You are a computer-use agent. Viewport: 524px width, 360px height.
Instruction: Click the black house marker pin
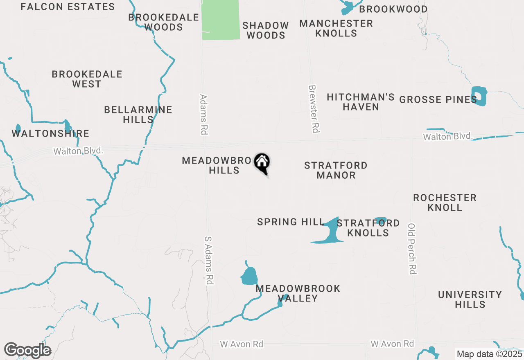pos(262,162)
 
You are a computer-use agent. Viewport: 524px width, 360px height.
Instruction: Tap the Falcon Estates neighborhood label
pos(68,7)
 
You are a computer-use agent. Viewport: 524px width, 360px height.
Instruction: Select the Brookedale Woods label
pos(164,22)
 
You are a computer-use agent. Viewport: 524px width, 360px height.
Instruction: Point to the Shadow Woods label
pos(266,30)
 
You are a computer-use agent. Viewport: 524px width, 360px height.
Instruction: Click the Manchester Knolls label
pos(336,28)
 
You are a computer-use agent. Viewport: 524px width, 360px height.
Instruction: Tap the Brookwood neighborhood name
pos(393,9)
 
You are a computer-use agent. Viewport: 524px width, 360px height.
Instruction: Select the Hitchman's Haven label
pos(361,102)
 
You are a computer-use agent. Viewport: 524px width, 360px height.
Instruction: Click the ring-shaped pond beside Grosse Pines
pos(479,96)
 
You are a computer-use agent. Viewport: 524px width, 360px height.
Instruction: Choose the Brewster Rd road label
pos(314,109)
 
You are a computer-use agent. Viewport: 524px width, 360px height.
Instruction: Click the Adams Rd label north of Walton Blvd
pos(204,115)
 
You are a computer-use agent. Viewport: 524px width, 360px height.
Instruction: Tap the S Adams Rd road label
pos(209,260)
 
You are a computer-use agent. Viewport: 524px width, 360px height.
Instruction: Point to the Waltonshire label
pos(50,133)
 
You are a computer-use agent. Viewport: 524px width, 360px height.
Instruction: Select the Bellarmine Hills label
pos(138,115)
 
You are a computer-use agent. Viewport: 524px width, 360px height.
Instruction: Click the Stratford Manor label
pos(336,170)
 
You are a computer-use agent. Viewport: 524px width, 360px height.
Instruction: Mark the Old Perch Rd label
pos(412,248)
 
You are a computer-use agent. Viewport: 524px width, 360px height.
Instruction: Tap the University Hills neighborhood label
pos(470,299)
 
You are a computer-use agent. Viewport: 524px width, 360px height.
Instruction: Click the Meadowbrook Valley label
pos(298,293)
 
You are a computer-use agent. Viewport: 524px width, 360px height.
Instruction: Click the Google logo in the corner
pos(27,351)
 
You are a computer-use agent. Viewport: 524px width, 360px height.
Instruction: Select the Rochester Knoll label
pos(445,202)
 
